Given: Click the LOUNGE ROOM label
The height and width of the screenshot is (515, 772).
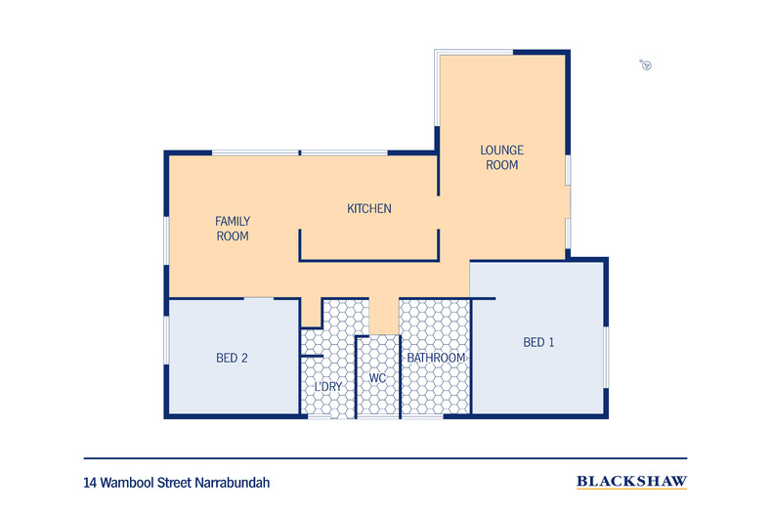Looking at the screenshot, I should pyautogui.click(x=501, y=157).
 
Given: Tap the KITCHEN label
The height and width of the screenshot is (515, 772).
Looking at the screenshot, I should pyautogui.click(x=369, y=208).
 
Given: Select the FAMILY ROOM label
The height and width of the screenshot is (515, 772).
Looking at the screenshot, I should pyautogui.click(x=232, y=229).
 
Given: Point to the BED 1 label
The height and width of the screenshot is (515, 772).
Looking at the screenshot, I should pyautogui.click(x=538, y=342).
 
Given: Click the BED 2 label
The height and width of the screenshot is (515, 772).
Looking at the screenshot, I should pyautogui.click(x=232, y=358).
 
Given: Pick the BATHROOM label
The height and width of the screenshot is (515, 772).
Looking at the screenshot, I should pyautogui.click(x=436, y=358).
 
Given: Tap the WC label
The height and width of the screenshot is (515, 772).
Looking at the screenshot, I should pyautogui.click(x=377, y=378).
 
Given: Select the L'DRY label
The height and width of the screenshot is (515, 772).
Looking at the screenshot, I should pyautogui.click(x=327, y=387).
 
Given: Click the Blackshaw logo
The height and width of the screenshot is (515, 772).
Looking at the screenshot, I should pyautogui.click(x=631, y=482).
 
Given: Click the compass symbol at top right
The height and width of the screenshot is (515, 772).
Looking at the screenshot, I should pyautogui.click(x=646, y=65).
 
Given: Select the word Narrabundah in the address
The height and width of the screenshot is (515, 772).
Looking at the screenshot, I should pyautogui.click(x=234, y=483).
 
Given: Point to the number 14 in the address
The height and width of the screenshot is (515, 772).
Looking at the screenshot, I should pyautogui.click(x=90, y=483).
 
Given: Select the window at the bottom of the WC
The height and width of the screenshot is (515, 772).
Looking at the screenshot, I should pyautogui.click(x=377, y=417).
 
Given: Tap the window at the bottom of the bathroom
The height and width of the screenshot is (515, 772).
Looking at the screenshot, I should pyautogui.click(x=423, y=417).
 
